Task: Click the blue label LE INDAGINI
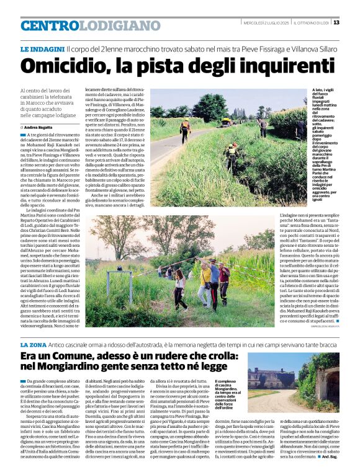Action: [x=42, y=48]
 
